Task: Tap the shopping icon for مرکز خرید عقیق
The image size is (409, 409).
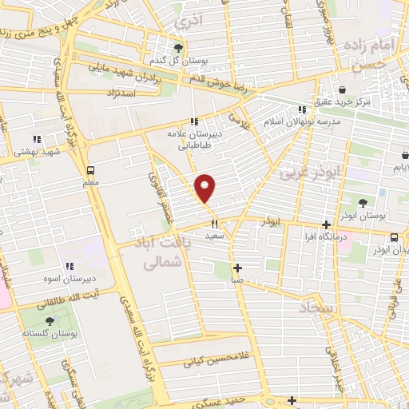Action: tap(342, 89)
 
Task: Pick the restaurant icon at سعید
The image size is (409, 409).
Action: tap(214, 224)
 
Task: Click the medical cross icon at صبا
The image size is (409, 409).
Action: tap(236, 268)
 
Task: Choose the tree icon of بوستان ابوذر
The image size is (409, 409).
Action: tap(363, 204)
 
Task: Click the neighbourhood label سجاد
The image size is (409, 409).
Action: tap(318, 307)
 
